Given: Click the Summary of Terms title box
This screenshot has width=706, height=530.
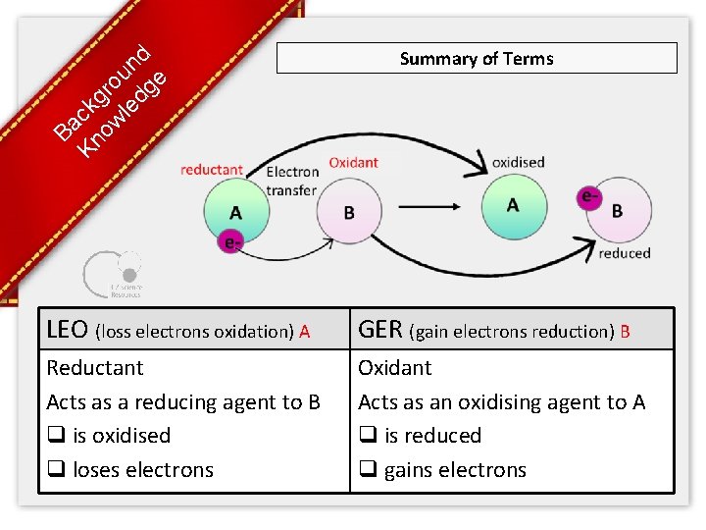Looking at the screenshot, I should (477, 58).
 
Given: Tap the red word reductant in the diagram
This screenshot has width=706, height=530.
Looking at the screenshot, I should (211, 170).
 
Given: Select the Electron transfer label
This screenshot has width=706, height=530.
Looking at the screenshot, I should (292, 182).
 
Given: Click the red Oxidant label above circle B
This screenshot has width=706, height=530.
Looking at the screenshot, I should (353, 163).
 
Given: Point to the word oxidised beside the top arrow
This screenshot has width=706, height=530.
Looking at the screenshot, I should (518, 162).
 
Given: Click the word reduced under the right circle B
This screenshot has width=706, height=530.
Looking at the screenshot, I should (625, 253).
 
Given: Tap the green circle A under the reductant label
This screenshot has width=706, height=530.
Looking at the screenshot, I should (235, 212).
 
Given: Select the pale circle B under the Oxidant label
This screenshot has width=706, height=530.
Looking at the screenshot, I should (349, 213).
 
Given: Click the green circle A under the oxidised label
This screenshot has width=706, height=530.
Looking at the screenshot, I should (512, 206).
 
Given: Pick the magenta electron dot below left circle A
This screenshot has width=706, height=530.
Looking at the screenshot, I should (229, 241).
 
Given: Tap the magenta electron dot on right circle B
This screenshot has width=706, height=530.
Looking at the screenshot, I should (589, 197).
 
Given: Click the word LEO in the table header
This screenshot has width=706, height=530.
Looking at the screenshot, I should (68, 330).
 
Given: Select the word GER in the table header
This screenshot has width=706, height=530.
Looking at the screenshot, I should (380, 330).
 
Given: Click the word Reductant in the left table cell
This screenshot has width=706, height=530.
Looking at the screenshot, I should (95, 368).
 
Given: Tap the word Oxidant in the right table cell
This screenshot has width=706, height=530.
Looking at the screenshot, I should (394, 368).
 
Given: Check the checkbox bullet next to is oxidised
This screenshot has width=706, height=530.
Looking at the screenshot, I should (55, 436).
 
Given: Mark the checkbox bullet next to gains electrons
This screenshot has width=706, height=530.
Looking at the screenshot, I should (367, 470).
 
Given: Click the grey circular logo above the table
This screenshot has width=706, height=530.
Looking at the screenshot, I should (112, 271).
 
